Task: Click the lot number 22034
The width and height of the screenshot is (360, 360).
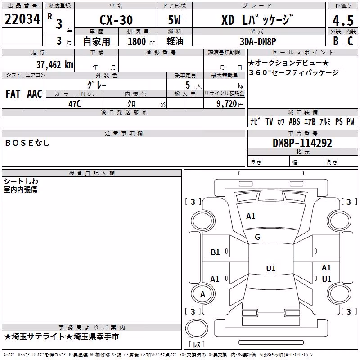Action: click(x=22, y=19)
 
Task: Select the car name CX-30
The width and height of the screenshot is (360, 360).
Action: click(x=116, y=20)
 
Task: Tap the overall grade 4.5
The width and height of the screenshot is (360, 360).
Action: click(x=343, y=21)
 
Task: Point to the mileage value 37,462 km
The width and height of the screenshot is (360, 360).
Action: click(x=55, y=65)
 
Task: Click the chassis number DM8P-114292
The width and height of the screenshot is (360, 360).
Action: click(x=302, y=143)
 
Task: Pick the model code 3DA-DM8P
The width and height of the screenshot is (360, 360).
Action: click(x=258, y=41)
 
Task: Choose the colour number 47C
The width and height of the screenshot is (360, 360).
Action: click(x=75, y=104)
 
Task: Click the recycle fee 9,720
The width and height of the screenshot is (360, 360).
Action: click(x=227, y=104)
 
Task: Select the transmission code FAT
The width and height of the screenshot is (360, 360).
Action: click(x=13, y=94)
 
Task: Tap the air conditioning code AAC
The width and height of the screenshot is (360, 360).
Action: click(x=35, y=94)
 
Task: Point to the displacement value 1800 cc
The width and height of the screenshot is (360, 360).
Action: click(x=141, y=41)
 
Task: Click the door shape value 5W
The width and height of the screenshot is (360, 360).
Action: click(x=174, y=20)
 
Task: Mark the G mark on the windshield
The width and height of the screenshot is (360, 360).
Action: click(x=257, y=237)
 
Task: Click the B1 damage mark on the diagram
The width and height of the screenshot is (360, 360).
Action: click(x=215, y=252)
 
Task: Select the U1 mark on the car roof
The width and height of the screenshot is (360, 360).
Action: click(x=271, y=268)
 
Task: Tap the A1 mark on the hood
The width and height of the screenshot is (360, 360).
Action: click(x=251, y=216)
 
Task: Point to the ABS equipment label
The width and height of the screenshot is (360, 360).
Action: click(x=294, y=121)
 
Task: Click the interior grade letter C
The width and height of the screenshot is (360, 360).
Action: click(x=350, y=41)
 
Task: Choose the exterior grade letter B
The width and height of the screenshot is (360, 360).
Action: click(x=336, y=41)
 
